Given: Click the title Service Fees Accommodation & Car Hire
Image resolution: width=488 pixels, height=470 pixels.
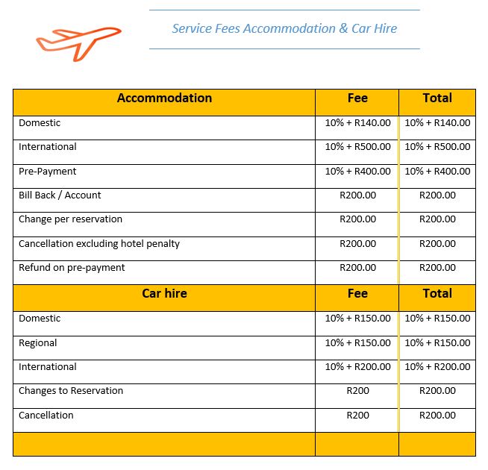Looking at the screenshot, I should coord(284,29).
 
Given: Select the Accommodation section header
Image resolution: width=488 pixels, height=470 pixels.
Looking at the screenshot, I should coord(164,98).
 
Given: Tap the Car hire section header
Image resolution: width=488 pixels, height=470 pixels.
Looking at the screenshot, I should coord(164,294).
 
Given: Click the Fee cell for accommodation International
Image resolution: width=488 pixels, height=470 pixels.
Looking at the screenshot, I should coord(357,147).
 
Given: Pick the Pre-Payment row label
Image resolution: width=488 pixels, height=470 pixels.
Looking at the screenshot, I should coord(48,172).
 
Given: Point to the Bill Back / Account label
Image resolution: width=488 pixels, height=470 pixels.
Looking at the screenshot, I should coord(60,195).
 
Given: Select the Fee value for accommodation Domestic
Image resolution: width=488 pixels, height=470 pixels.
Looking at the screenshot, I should coord(357,123).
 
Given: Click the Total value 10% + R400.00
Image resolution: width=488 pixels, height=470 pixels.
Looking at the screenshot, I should coord(437,172).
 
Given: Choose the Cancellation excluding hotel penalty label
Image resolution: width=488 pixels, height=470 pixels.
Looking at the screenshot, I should coord(99,244).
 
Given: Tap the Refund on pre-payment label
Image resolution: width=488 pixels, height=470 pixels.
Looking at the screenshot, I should coord(72,268).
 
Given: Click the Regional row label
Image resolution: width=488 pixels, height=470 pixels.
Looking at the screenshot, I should coord(38,343).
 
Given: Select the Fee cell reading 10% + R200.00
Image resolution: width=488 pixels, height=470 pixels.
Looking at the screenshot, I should coord(357,367).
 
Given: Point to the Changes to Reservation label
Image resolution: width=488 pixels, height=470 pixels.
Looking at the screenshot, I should coord(71,391).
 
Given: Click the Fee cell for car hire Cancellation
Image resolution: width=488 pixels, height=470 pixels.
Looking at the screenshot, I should coord(357,416).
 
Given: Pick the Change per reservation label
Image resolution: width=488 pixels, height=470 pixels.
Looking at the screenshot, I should coord(70,219).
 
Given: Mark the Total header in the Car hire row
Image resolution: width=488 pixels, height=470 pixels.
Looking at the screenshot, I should coord(437,294).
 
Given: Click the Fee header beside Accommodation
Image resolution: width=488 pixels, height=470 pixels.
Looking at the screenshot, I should coord(357,98).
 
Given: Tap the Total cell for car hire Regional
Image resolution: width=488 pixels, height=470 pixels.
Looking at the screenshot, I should coord(437,343).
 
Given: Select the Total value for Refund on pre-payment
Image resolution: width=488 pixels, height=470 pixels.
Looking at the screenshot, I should coord(437,268).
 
